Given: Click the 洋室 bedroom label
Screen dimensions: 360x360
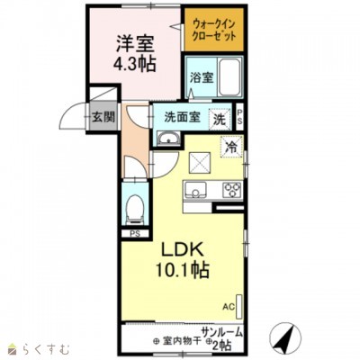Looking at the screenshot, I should [x=132, y=41].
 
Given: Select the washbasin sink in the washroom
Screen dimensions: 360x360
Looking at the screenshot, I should [x=168, y=138].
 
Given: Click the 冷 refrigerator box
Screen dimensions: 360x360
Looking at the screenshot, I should [x=231, y=145].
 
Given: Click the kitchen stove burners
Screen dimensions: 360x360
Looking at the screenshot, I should [x=230, y=189].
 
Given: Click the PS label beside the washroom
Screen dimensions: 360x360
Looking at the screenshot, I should [x=240, y=117].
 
